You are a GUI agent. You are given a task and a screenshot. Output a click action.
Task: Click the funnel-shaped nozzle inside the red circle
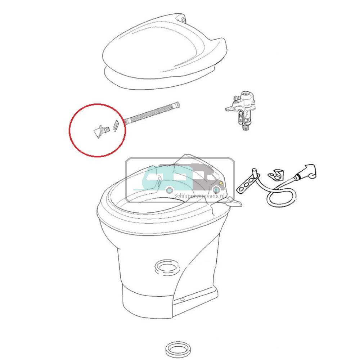click(x=98, y=131)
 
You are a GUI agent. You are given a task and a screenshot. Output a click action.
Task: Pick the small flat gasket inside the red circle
click(x=116, y=126)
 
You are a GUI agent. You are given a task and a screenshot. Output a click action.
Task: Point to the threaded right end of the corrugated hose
click(x=176, y=105)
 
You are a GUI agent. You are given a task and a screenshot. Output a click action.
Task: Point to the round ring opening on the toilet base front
click(x=166, y=267)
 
